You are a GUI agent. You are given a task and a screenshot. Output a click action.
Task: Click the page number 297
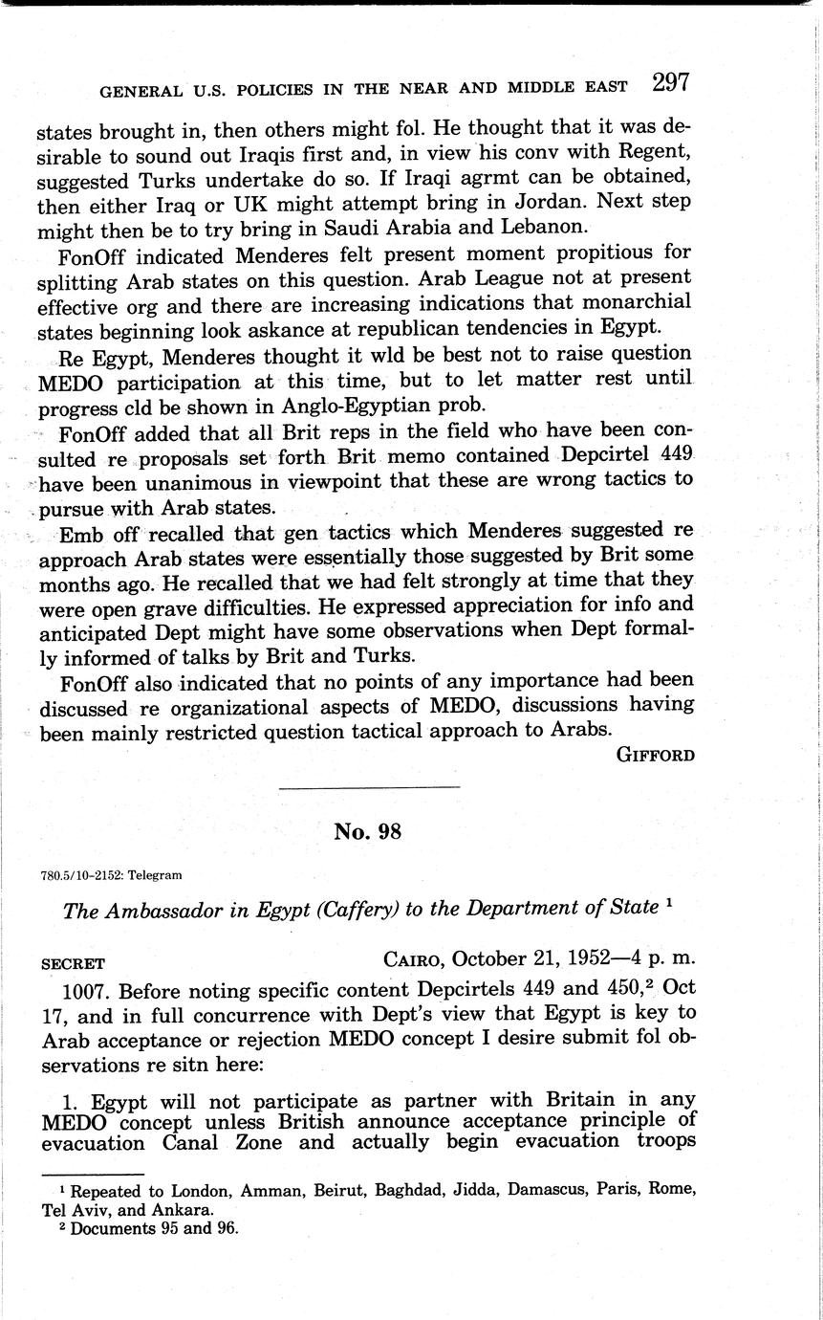pyautogui.click(x=670, y=83)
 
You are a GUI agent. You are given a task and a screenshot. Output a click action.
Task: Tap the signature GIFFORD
pyautogui.click(x=655, y=755)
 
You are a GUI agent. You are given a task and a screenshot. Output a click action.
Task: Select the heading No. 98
pyautogui.click(x=368, y=831)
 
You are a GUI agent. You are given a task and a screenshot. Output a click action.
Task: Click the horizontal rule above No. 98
pyautogui.click(x=368, y=787)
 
